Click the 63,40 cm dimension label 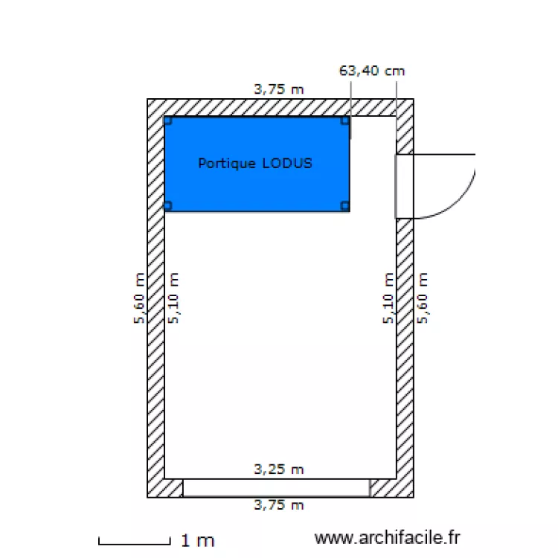pos(372,71)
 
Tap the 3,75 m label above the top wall pos(279,89)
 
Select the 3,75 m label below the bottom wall pos(279,505)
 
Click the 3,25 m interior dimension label pos(279,469)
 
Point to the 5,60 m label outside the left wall pos(139,298)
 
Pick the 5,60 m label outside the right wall pos(423,298)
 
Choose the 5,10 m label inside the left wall pos(173,298)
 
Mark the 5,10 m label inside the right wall pos(388,298)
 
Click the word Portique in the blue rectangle pos(227,164)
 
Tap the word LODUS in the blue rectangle pos(287,164)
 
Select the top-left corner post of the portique pos(168,121)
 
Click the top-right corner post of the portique pos(344,121)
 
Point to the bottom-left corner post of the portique pos(168,206)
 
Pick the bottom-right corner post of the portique pos(344,206)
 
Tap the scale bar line pos(135,543)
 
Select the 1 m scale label pos(198,541)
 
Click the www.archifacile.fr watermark pos(387,537)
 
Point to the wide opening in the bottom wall pos(276,488)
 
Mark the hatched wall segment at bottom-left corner pos(165,488)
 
